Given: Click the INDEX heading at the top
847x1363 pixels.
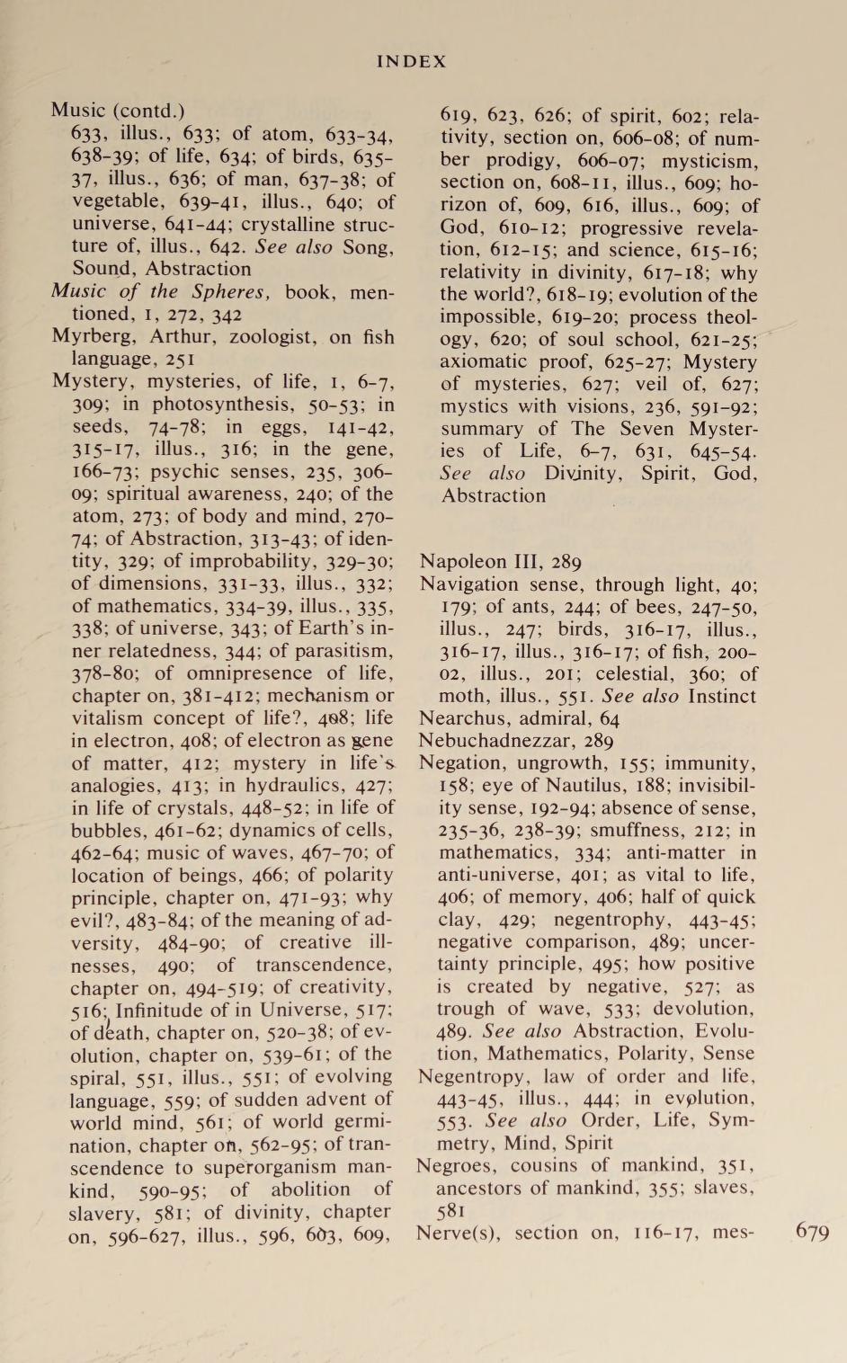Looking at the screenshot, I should (411, 61).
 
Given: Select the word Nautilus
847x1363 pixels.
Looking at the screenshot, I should (551, 785).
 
